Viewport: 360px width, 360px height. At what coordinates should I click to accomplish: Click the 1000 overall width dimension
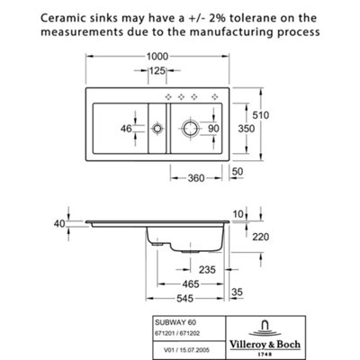[x=157, y=56]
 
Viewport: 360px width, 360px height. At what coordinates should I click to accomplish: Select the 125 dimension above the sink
[x=157, y=71]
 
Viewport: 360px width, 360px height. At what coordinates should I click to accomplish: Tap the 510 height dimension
[x=260, y=115]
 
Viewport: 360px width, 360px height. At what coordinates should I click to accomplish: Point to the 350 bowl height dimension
[x=247, y=129]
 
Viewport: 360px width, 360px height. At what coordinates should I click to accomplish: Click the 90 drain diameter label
[x=213, y=129]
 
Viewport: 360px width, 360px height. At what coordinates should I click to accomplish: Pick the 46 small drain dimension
[x=126, y=129]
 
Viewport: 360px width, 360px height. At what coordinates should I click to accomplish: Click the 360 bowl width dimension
[x=196, y=178]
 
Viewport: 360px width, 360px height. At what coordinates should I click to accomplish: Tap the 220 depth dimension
[x=260, y=237]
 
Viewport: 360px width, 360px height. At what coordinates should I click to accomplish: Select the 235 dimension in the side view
[x=207, y=269]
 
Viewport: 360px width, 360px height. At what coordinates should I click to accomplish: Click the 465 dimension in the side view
[x=191, y=283]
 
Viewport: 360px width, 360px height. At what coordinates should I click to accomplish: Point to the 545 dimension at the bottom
[x=185, y=299]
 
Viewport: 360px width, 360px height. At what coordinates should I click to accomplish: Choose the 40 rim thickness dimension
[x=59, y=223]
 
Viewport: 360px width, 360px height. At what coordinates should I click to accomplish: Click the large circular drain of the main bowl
[x=191, y=129]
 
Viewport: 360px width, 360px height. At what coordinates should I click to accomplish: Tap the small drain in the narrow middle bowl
[x=157, y=129]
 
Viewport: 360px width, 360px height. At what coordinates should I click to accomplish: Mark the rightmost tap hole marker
[x=215, y=96]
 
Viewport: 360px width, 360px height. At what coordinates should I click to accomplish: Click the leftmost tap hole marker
[x=168, y=96]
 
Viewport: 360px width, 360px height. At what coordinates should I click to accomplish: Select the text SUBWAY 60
[x=175, y=322]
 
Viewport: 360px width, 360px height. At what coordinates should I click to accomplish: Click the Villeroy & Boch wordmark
[x=265, y=344]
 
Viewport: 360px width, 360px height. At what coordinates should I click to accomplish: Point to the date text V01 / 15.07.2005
[x=187, y=350]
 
